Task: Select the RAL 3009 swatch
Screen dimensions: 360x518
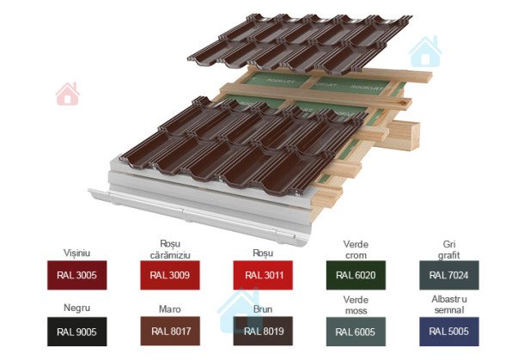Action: click(x=169, y=275)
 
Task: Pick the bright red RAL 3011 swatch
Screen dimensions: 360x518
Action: click(x=264, y=275)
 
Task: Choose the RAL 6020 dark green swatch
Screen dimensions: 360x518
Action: click(x=356, y=275)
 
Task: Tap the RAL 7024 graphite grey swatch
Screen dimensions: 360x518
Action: click(x=448, y=275)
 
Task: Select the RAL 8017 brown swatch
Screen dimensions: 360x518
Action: click(x=169, y=331)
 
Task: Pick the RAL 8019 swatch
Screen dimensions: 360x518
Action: click(x=264, y=331)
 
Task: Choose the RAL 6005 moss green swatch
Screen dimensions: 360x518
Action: click(x=356, y=331)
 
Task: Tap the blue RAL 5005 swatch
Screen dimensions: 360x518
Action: click(x=448, y=331)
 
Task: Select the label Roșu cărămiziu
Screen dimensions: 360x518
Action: click(x=169, y=248)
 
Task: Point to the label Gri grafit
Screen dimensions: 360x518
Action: click(x=448, y=248)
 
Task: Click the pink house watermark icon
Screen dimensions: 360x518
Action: click(x=67, y=94)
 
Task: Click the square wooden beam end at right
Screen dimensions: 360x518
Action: click(x=402, y=131)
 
